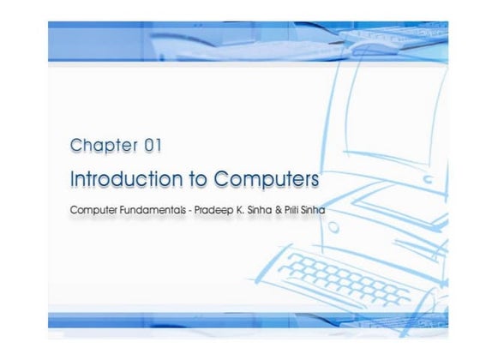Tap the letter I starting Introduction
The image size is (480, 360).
click(72, 180)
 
